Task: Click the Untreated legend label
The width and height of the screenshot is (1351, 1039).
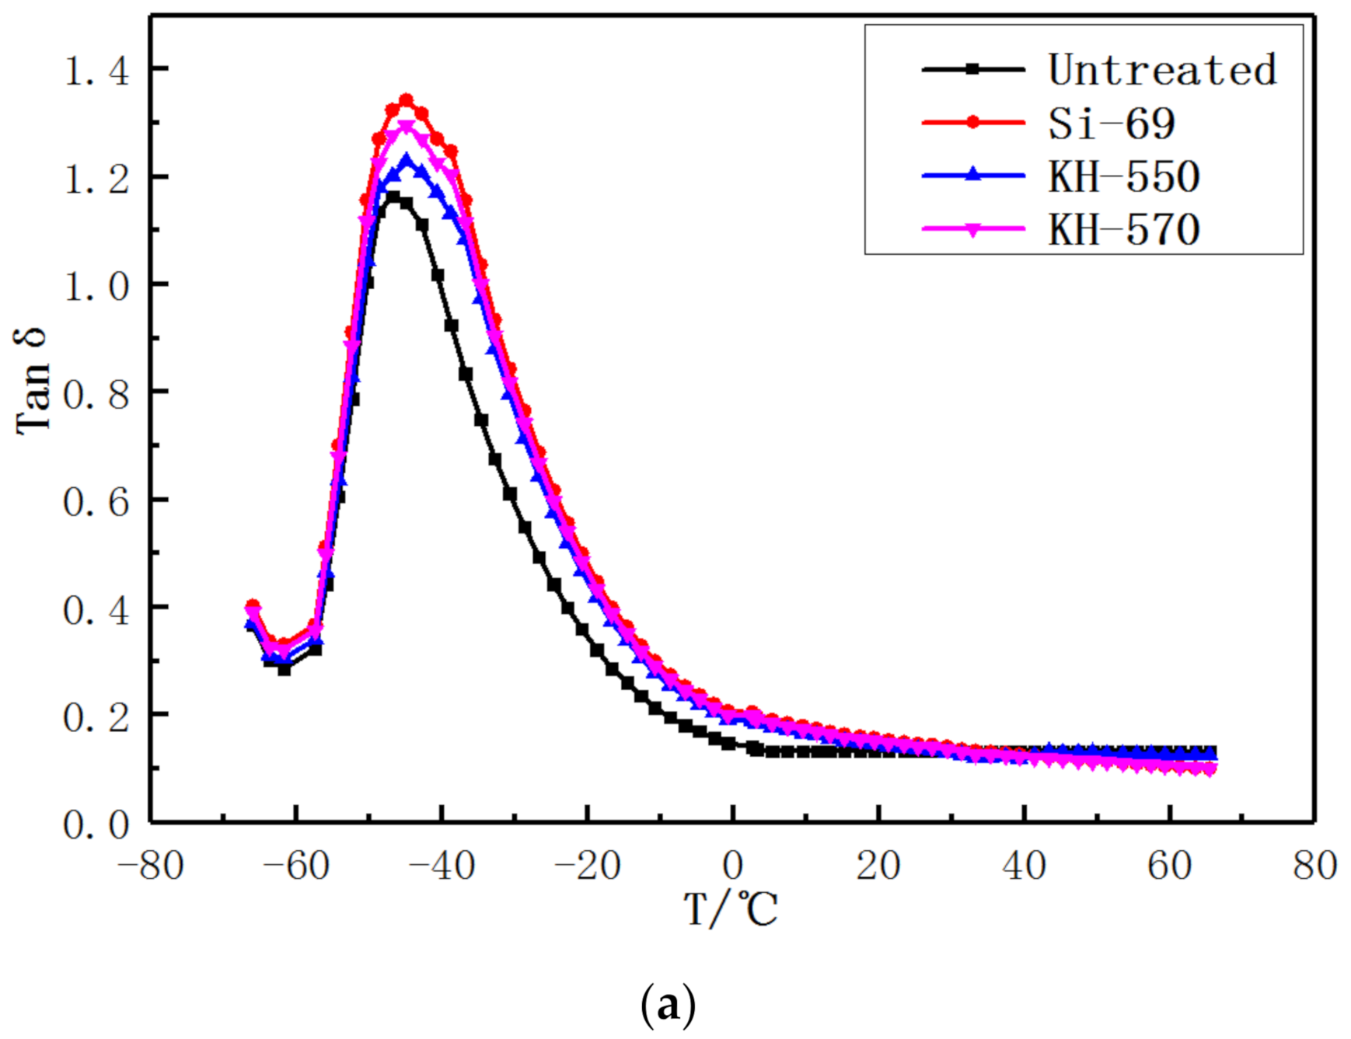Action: click(1161, 70)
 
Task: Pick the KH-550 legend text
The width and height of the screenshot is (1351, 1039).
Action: click(1124, 176)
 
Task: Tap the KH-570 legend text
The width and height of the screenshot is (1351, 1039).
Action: click(1124, 229)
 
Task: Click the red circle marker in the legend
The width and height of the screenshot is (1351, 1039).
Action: click(972, 123)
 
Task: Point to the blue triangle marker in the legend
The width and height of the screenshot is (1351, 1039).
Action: click(972, 175)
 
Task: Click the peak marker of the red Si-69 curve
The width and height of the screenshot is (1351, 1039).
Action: click(406, 101)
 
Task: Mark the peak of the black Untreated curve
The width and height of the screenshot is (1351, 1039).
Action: click(393, 197)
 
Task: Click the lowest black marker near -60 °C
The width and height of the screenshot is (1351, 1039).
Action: click(285, 669)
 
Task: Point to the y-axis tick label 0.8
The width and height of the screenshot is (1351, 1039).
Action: click(96, 395)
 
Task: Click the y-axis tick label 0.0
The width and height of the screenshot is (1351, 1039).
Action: click(96, 825)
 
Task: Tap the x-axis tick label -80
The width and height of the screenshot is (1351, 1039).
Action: click(150, 865)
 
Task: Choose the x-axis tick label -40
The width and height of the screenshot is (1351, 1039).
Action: click(442, 865)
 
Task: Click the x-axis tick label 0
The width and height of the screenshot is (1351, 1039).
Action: click(732, 865)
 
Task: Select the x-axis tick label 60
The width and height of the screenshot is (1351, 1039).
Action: click(1169, 865)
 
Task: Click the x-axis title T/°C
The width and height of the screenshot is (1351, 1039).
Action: click(731, 909)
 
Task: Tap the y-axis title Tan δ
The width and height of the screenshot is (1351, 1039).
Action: click(33, 380)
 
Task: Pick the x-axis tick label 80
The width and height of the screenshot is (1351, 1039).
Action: click(1314, 865)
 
